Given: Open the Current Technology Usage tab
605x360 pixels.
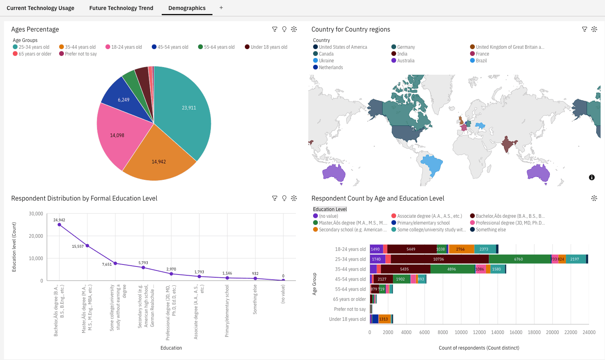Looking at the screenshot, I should [40, 8].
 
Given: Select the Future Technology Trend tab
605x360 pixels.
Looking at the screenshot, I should [121, 8].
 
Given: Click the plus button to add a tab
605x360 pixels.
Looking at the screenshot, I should [221, 8].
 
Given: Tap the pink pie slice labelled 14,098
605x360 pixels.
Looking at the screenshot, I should [118, 134].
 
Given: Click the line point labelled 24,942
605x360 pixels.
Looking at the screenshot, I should [60, 225].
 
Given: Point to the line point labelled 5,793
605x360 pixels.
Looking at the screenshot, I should [143, 267].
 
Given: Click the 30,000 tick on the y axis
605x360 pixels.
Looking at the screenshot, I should [36, 214].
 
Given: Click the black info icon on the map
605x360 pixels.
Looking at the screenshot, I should [592, 177].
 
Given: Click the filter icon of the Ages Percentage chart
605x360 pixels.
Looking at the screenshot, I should [275, 29].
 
